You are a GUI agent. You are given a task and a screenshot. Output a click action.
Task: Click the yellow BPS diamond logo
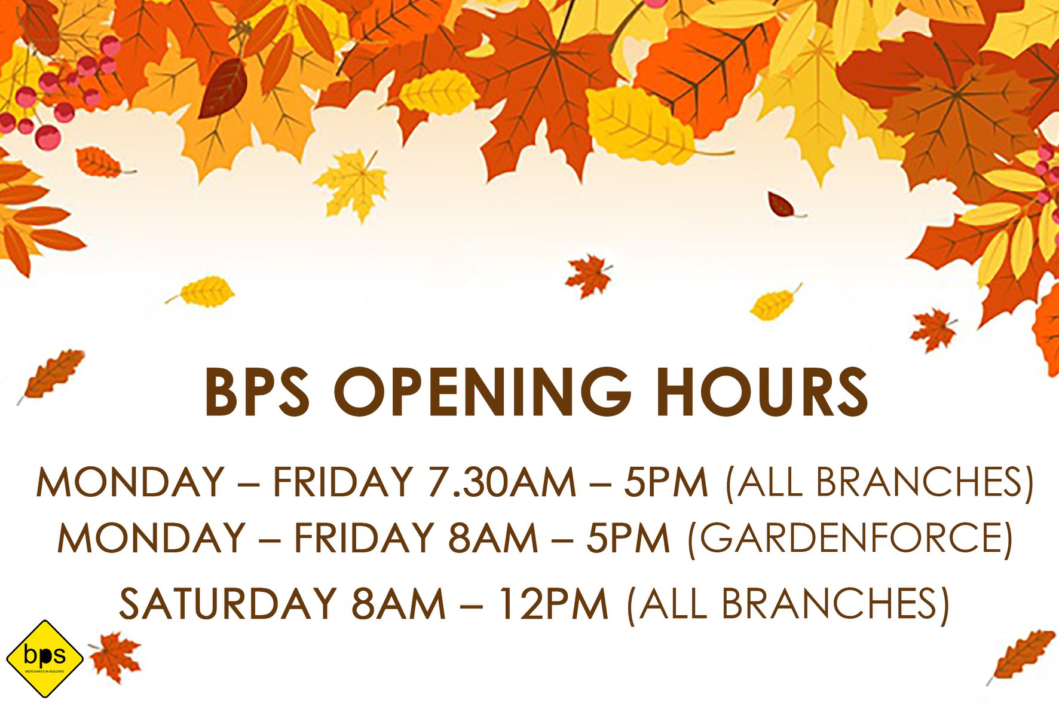tap(44, 659)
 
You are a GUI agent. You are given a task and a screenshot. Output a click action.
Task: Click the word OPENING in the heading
tap(482, 392)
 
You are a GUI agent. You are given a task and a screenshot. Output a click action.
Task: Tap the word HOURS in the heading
tap(762, 392)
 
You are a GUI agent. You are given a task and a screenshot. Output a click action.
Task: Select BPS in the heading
tap(258, 392)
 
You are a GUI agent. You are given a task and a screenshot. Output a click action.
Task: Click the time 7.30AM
tap(501, 482)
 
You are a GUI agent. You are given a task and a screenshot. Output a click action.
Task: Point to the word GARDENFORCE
tap(850, 537)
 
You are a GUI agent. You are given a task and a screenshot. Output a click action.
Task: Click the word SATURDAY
tap(228, 603)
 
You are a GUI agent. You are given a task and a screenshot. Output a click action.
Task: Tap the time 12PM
tap(553, 603)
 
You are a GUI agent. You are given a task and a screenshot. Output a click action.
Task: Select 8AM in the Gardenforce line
tap(493, 537)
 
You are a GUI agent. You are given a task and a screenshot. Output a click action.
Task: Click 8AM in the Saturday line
tap(398, 603)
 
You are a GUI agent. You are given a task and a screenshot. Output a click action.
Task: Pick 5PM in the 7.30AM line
tap(666, 482)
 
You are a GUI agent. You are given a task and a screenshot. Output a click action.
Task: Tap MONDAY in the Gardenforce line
tap(151, 537)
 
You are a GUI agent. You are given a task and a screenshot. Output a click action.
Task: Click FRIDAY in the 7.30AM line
tap(342, 482)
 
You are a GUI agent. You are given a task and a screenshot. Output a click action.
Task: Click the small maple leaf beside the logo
tap(115, 657)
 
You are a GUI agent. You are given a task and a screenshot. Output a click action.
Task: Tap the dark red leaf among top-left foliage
tap(224, 88)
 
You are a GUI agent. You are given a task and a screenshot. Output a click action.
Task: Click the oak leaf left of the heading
tap(52, 374)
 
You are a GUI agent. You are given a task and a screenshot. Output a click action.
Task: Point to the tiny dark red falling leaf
tap(784, 204)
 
